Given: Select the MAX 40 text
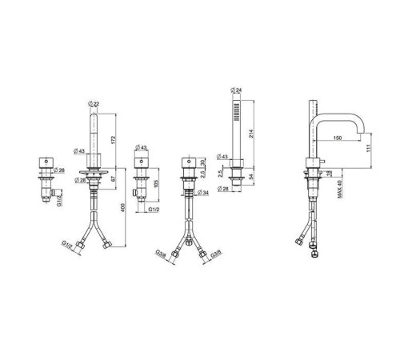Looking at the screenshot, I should click(340, 190).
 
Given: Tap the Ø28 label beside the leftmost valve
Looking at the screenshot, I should click(58, 170).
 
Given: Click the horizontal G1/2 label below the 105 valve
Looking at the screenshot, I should click(158, 209).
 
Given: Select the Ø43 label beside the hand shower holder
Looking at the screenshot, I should click(224, 156).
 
